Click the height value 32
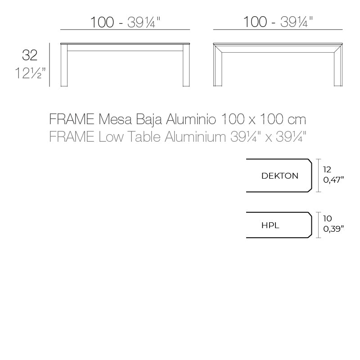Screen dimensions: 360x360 pyautogui.click(x=30, y=55)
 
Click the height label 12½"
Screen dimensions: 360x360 pyautogui.click(x=30, y=72)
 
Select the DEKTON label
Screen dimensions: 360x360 pyautogui.click(x=279, y=176)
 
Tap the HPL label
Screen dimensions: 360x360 pyautogui.click(x=270, y=225)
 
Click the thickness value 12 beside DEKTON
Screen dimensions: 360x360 pyautogui.click(x=327, y=170)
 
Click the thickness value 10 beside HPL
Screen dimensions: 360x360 pyautogui.click(x=327, y=219)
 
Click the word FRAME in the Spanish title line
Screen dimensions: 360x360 pyautogui.click(x=71, y=120)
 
